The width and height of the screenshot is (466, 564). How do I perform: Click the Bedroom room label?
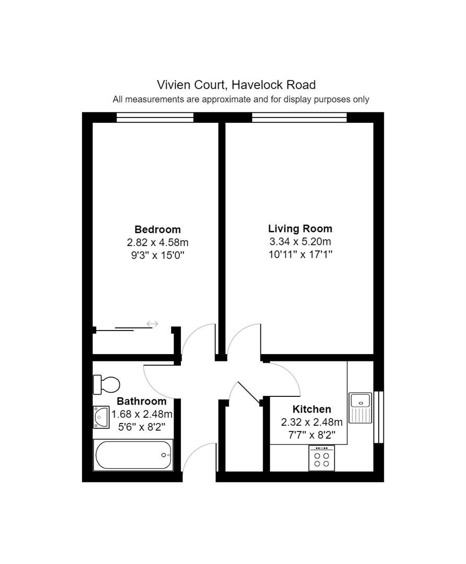pyautogui.click(x=157, y=229)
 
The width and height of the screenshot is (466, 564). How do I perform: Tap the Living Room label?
pyautogui.click(x=300, y=229)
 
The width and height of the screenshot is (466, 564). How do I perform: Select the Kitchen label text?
pyautogui.click(x=312, y=409)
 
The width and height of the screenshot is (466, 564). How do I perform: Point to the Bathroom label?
pyautogui.click(x=142, y=401)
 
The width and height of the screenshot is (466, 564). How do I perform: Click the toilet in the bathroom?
pyautogui.click(x=106, y=384)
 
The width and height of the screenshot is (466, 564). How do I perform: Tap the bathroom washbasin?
pyautogui.click(x=101, y=417)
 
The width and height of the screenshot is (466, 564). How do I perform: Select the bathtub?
pyautogui.click(x=133, y=455)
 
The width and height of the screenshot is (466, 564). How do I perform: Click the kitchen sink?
pyautogui.click(x=360, y=407)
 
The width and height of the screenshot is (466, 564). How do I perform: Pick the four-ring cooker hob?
pyautogui.click(x=322, y=458)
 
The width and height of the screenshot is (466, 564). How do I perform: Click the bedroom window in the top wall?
pyautogui.click(x=155, y=118)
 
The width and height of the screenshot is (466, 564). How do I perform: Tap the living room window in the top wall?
pyautogui.click(x=299, y=118)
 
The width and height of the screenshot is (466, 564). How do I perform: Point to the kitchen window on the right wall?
pyautogui.click(x=379, y=417)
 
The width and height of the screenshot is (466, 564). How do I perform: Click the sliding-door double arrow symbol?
pyautogui.click(x=152, y=324)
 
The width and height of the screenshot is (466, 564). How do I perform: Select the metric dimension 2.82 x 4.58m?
pyautogui.click(x=157, y=242)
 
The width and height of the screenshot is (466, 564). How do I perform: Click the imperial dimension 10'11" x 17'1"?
pyautogui.click(x=300, y=255)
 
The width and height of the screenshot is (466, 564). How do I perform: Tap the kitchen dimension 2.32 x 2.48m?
pyautogui.click(x=312, y=422)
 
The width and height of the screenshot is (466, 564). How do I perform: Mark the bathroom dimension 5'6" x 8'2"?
pyautogui.click(x=142, y=427)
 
